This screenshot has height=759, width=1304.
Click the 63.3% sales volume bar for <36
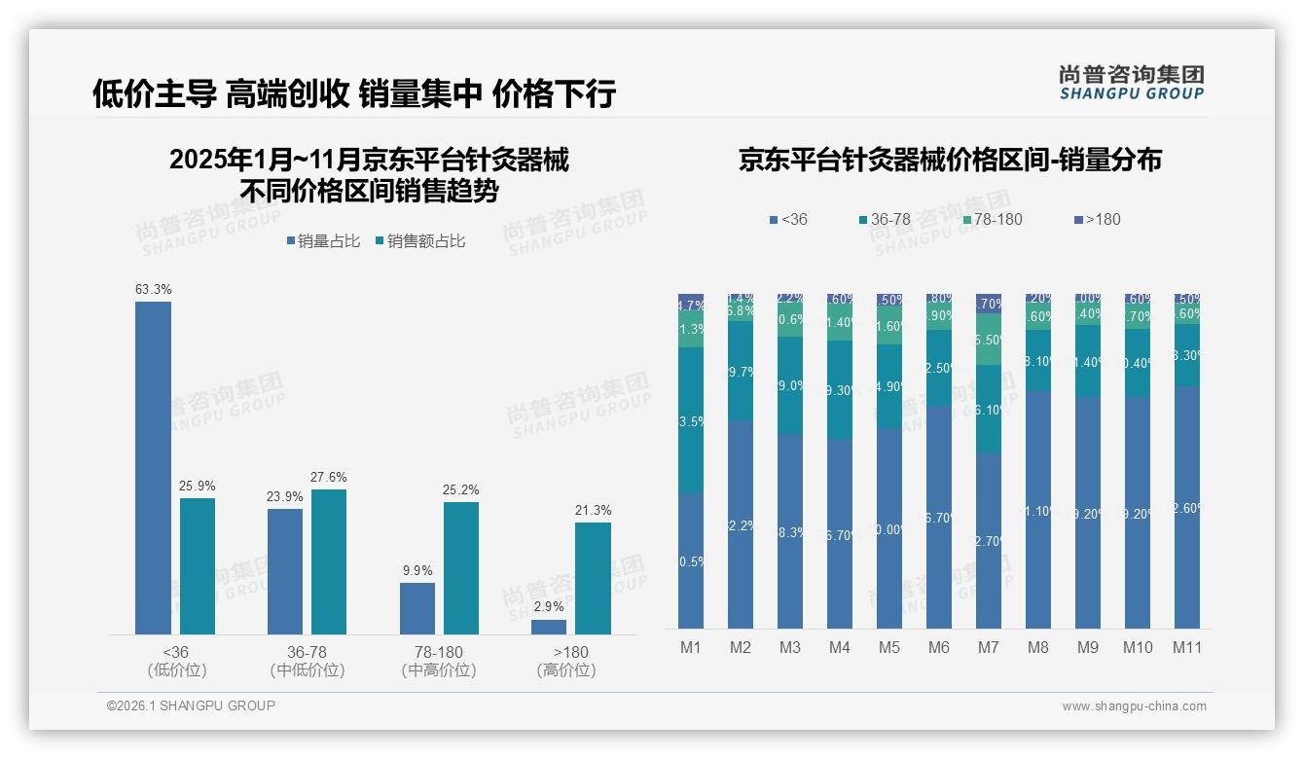point(153,468)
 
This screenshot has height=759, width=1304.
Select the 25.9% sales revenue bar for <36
point(198,566)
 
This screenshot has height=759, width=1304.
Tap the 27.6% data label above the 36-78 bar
point(329,478)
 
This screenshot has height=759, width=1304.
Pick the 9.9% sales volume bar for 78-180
point(417,608)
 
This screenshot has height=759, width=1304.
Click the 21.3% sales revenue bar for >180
point(593,578)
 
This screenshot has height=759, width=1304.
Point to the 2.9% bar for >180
point(549,627)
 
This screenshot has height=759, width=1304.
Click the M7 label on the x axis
point(989,648)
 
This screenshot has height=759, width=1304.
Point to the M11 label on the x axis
point(1186,648)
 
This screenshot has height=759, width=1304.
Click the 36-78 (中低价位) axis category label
point(307,661)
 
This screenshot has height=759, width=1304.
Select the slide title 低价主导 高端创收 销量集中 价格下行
point(354,93)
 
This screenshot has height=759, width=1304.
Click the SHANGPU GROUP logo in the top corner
point(1131,83)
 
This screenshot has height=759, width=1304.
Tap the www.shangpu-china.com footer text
point(1134,706)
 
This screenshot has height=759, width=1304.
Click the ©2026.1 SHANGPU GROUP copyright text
point(191,705)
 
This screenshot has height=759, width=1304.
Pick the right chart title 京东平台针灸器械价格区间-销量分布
point(950,160)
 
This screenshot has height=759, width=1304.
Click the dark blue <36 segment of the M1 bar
point(691,560)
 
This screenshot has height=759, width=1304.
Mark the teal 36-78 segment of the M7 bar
point(989,409)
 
